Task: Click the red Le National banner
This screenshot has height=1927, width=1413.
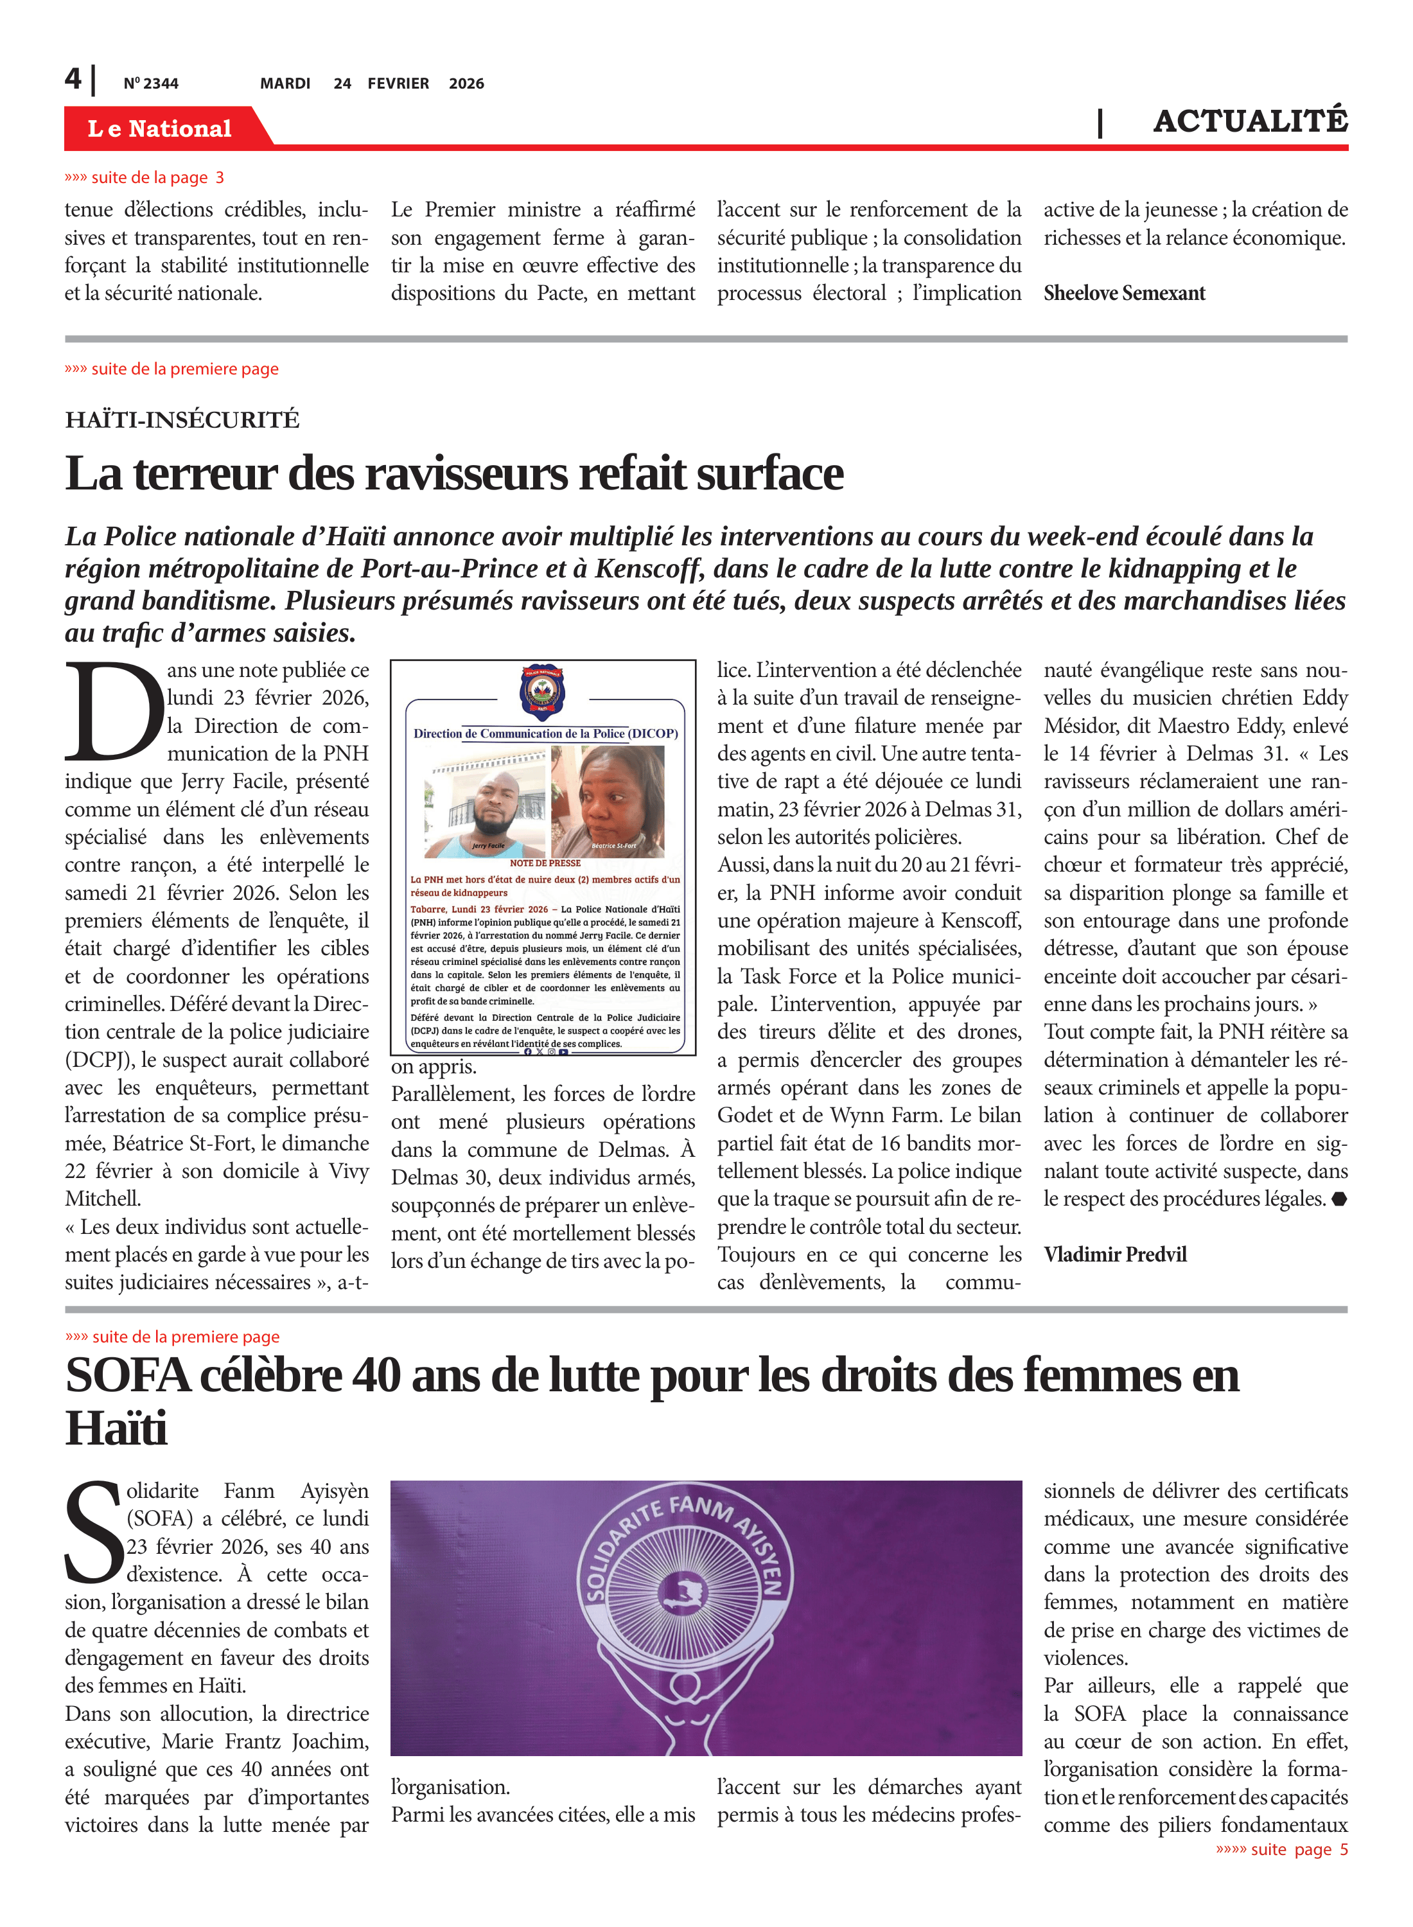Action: pos(160,128)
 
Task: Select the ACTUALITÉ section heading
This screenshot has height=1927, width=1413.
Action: pos(1250,121)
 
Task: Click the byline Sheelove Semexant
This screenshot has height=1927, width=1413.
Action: pos(1124,294)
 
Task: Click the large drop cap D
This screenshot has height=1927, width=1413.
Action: pos(113,712)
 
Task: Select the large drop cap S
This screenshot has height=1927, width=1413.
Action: pos(94,1533)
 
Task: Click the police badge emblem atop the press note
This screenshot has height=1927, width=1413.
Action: pos(543,691)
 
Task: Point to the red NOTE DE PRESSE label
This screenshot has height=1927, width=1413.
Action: pos(545,863)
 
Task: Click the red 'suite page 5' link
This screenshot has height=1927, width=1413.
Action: pos(1281,1849)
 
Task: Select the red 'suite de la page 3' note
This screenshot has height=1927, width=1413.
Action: pos(145,178)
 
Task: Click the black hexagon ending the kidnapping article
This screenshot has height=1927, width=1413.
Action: pos(1338,1199)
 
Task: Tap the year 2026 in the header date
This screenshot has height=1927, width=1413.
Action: pos(466,84)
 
